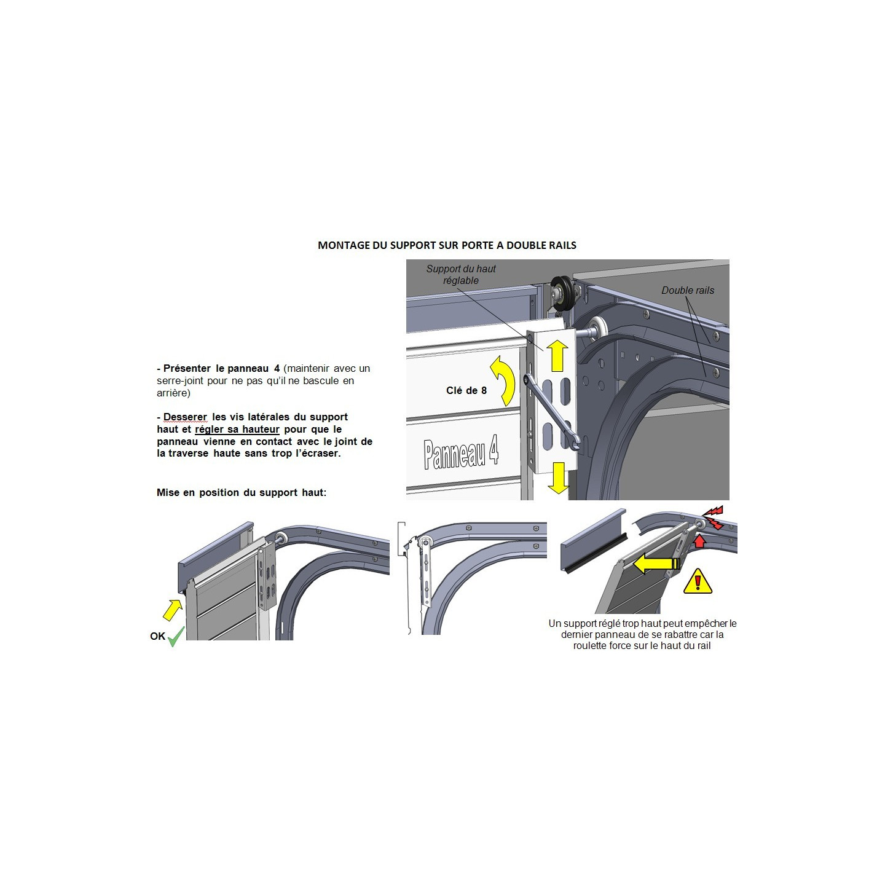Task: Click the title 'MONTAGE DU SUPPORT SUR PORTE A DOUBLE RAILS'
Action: tap(447, 245)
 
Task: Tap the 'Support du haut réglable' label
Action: tap(460, 275)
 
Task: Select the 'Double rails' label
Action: tap(688, 290)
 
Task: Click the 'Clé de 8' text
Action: tap(466, 390)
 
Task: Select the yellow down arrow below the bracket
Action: tap(558, 478)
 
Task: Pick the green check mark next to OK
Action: tap(176, 636)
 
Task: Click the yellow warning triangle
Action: tap(698, 581)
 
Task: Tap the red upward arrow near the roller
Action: tap(698, 540)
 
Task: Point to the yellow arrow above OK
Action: tap(172, 610)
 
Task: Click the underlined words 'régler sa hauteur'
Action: tap(237, 430)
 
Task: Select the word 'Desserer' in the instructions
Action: tap(185, 417)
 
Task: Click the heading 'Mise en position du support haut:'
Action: tap(242, 492)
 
